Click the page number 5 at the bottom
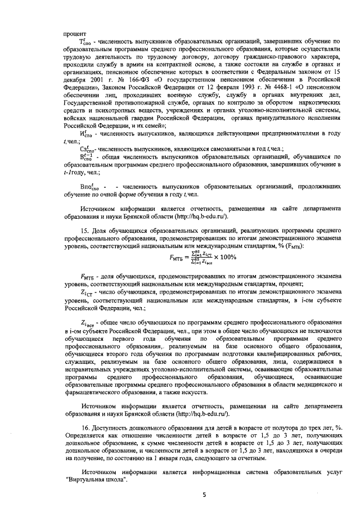(x=205, y=494)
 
